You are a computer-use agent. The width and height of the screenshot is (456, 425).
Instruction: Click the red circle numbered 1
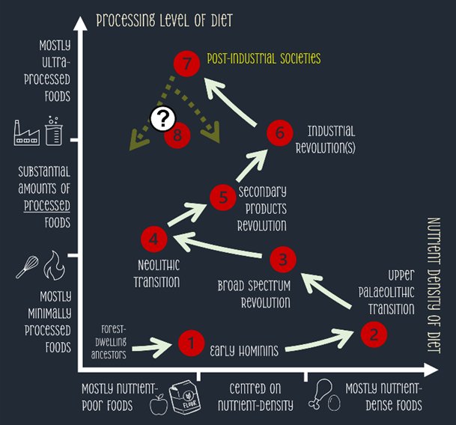coord(191,343)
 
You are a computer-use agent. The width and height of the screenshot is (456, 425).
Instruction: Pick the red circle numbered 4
coord(153,239)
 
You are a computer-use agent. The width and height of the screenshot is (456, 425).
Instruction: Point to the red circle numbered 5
coord(223,198)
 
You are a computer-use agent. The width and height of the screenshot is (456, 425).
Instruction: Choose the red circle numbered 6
coord(280,132)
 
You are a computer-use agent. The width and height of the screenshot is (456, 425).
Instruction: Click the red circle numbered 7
coord(186,64)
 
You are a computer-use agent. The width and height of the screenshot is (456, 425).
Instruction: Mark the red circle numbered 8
coord(178,135)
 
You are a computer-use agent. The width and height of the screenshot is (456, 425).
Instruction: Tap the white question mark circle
coord(162,118)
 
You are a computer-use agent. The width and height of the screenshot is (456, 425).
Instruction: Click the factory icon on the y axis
coord(27,132)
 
